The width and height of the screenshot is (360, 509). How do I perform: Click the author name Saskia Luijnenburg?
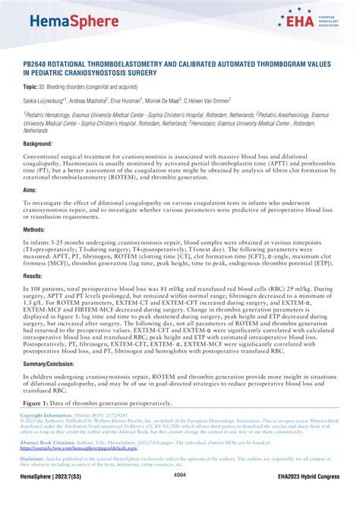[43, 100]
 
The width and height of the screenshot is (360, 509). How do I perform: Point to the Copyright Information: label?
[45, 416]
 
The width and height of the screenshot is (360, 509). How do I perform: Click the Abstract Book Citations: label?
[50, 441]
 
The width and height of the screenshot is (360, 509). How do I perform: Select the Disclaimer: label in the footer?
[32, 458]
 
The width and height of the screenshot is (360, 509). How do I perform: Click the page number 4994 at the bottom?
[180, 496]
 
